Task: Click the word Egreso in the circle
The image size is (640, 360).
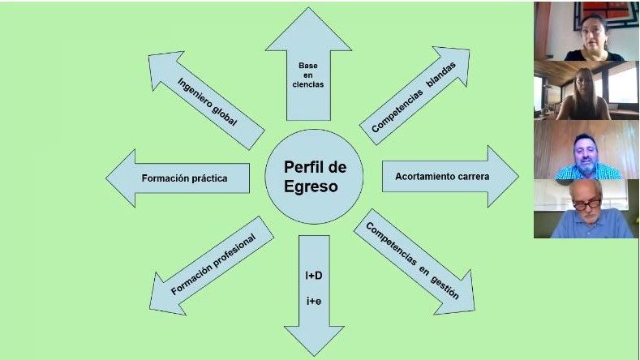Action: tap(311, 187)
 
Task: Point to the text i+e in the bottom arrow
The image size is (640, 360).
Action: tap(313, 302)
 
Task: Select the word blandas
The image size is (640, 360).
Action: tap(449, 74)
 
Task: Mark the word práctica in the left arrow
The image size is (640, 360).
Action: tap(208, 178)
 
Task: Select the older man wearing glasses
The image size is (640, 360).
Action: tap(585, 208)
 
